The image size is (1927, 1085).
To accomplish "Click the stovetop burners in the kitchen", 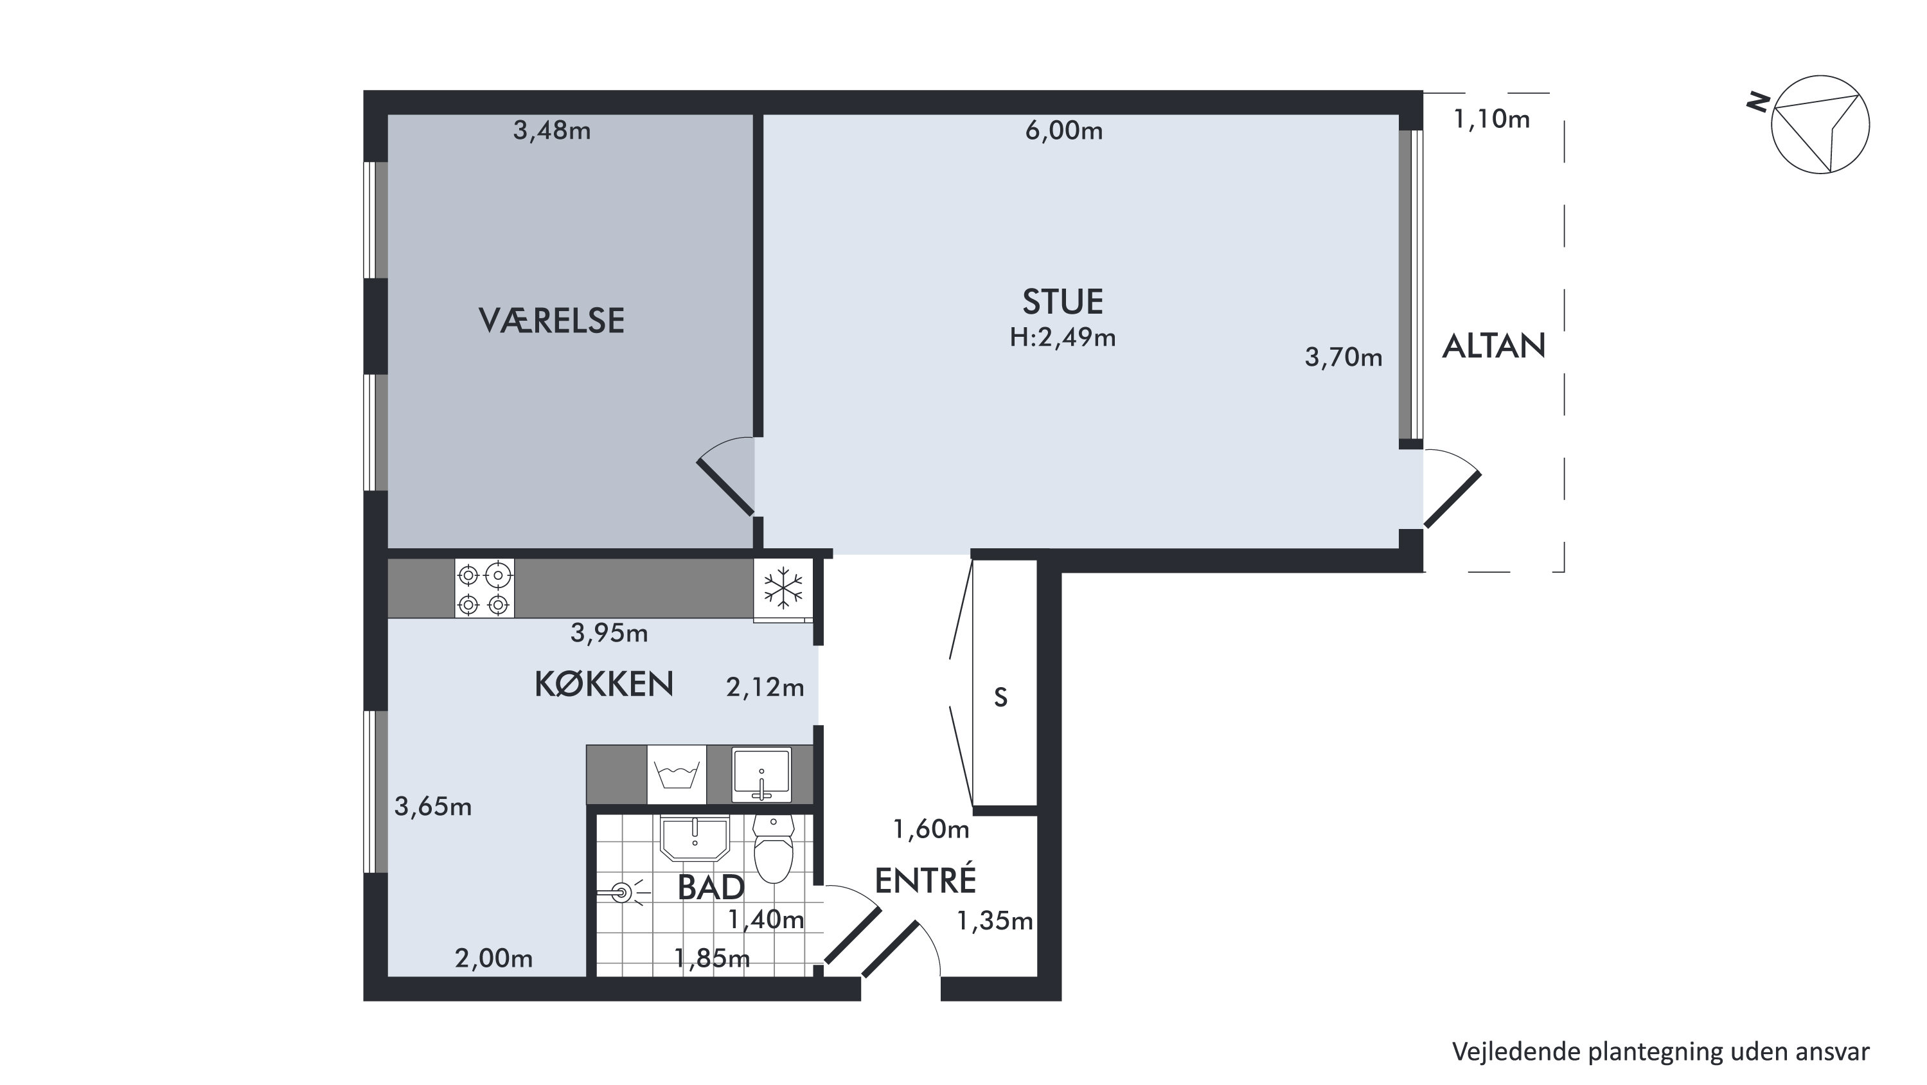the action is pyautogui.click(x=484, y=588).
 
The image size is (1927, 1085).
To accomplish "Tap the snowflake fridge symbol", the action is pyautogui.click(x=783, y=588).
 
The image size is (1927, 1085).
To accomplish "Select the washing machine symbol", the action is pyautogui.click(x=676, y=775).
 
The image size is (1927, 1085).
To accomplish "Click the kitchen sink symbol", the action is pyautogui.click(x=761, y=775).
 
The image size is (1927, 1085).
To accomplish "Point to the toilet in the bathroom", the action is pyautogui.click(x=774, y=849).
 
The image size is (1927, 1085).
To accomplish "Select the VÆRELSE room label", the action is pyautogui.click(x=551, y=320).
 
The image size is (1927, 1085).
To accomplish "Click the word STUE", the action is pyautogui.click(x=1062, y=301).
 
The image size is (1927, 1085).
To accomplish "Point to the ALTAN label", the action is pyautogui.click(x=1493, y=346).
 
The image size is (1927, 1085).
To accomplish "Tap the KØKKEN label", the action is pyautogui.click(x=604, y=684).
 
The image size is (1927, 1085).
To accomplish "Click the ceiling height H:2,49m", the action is pyautogui.click(x=1062, y=337).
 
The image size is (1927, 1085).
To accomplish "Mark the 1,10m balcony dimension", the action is pyautogui.click(x=1491, y=119).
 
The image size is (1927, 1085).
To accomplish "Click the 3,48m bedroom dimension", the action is pyautogui.click(x=551, y=131).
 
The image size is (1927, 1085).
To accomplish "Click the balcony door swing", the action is pyautogui.click(x=1452, y=487).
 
